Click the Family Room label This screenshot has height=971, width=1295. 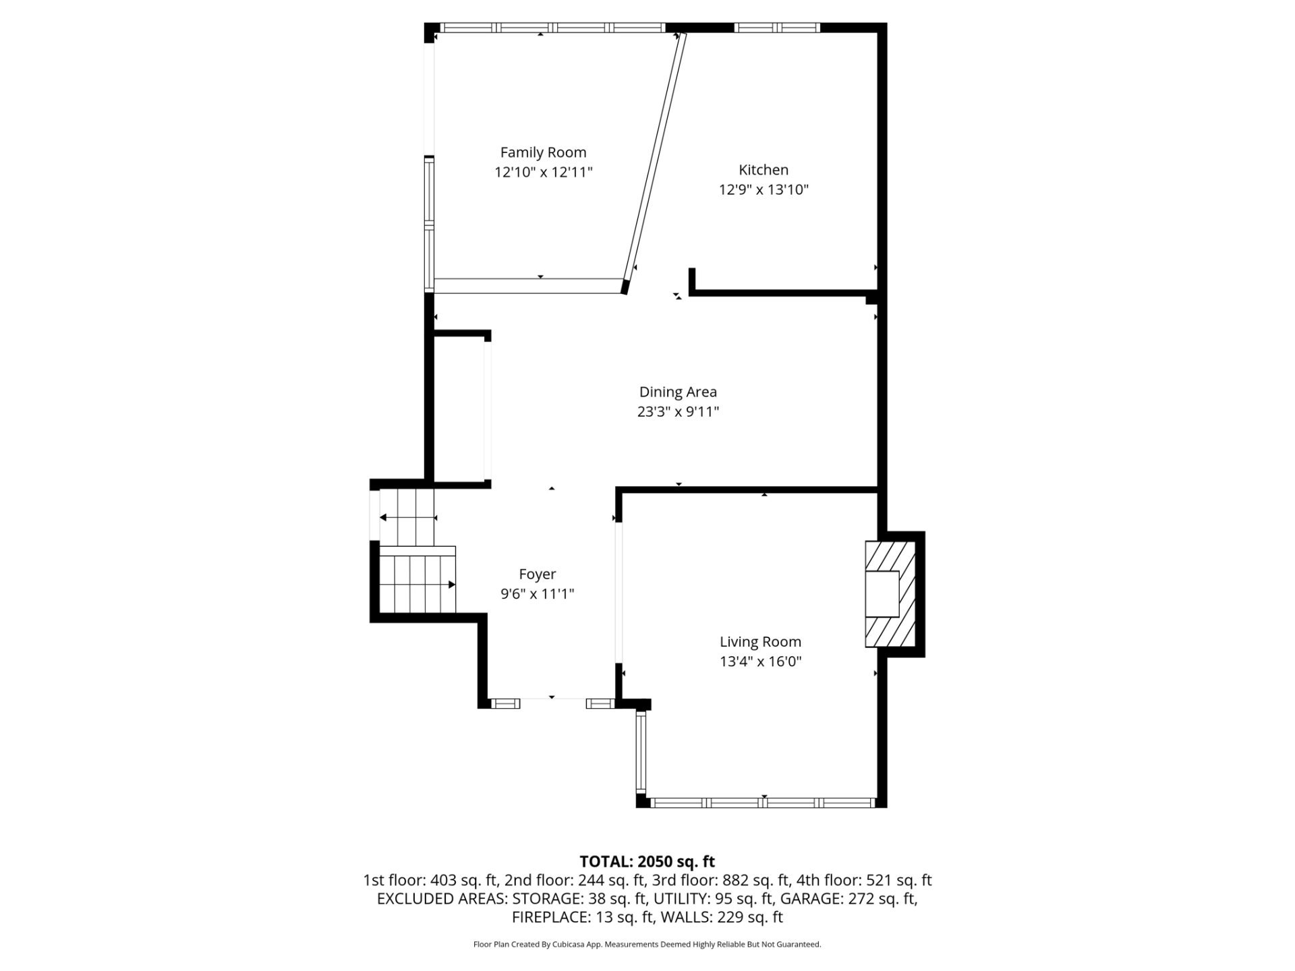pyautogui.click(x=543, y=153)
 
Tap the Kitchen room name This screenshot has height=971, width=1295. pyautogui.click(x=764, y=170)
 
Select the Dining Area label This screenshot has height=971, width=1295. pyautogui.click(x=678, y=392)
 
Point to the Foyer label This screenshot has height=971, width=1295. pyautogui.click(x=538, y=575)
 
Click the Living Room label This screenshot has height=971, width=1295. pyautogui.click(x=760, y=642)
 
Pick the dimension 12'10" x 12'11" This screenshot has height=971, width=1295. pyautogui.click(x=543, y=173)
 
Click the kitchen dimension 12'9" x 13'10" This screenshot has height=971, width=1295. pyautogui.click(x=764, y=190)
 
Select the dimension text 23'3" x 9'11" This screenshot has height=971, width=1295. pyautogui.click(x=678, y=412)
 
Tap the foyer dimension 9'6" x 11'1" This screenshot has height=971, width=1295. pyautogui.click(x=538, y=594)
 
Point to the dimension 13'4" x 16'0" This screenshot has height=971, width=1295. pyautogui.click(x=760, y=661)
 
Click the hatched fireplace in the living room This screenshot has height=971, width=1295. pyautogui.click(x=890, y=593)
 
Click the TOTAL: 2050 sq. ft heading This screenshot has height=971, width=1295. pyautogui.click(x=647, y=862)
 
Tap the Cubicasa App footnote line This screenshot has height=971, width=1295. pyautogui.click(x=647, y=945)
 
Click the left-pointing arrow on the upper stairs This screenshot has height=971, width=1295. pyautogui.click(x=408, y=518)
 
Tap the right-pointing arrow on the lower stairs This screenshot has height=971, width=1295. pyautogui.click(x=418, y=585)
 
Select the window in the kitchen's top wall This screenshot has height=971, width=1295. pyautogui.click(x=776, y=28)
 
